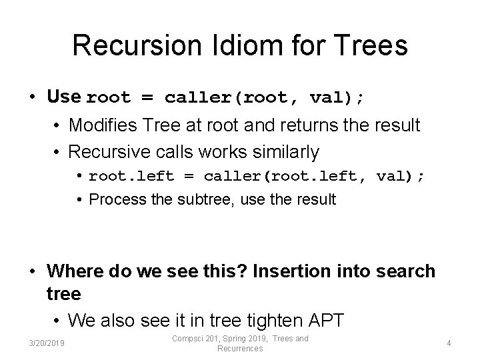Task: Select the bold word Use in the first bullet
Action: pos(63,97)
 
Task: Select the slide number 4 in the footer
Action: pos(449,343)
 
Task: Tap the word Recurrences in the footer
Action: pos(240,349)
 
